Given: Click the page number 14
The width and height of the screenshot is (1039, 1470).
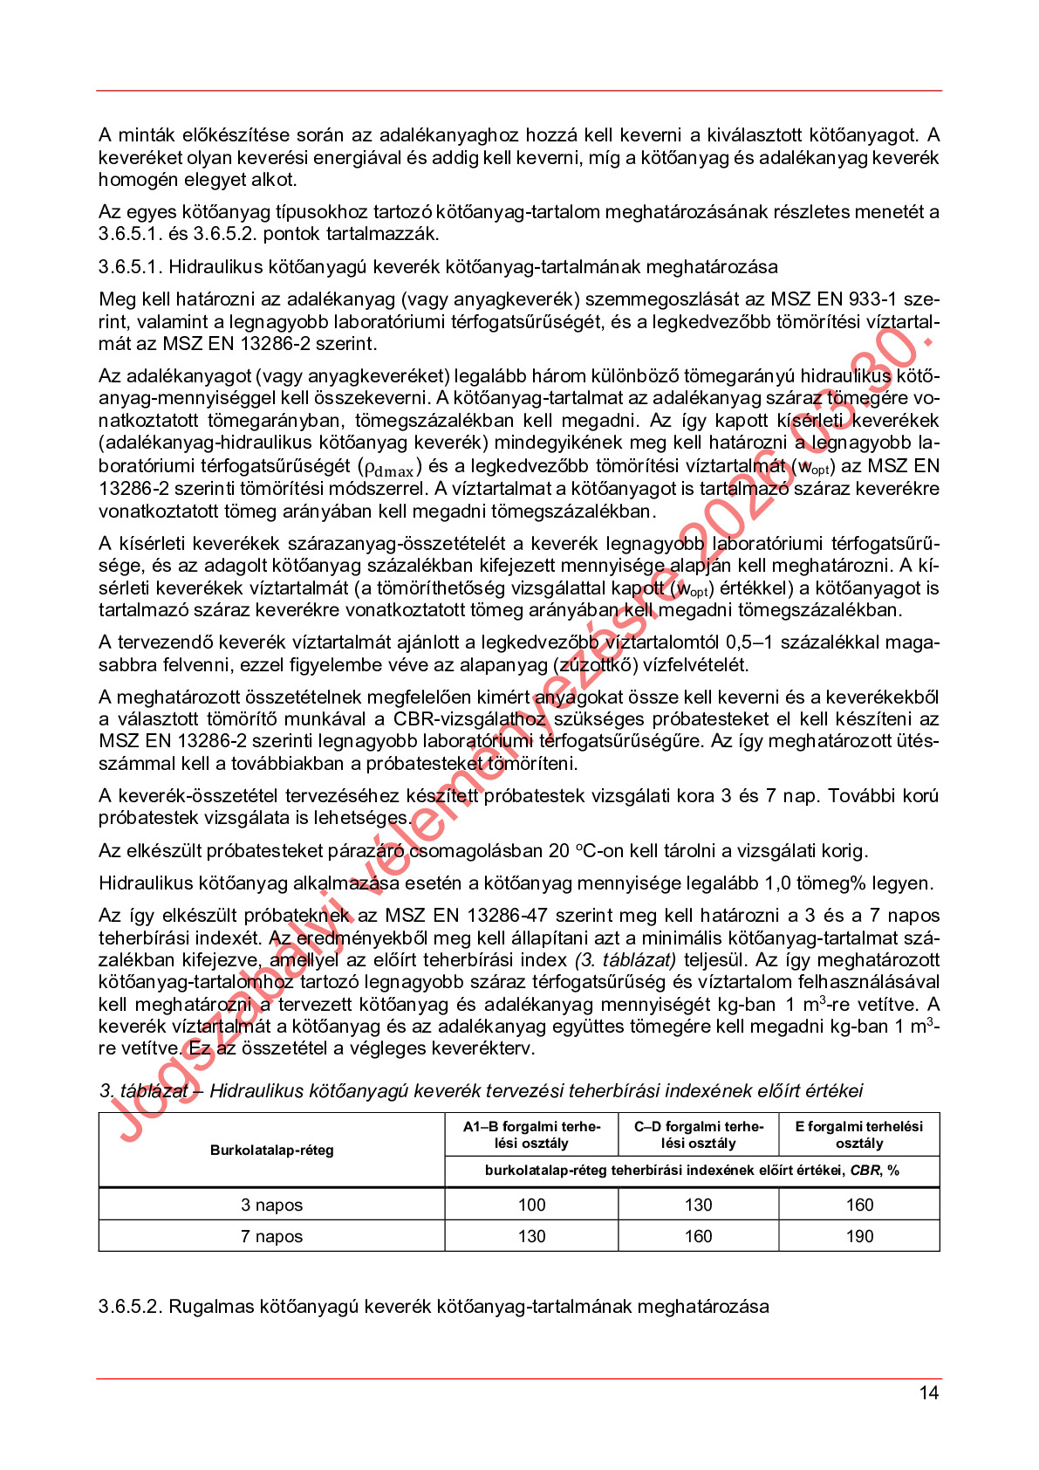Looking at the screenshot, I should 928,1392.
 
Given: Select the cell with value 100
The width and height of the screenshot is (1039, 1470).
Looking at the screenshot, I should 531,1205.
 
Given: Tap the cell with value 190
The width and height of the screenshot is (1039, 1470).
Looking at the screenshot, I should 858,1236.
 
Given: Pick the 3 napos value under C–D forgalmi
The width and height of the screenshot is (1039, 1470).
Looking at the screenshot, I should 698,1205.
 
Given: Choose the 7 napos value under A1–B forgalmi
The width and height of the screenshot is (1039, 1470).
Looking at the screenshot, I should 531,1236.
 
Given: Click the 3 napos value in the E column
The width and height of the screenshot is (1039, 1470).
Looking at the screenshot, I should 858,1205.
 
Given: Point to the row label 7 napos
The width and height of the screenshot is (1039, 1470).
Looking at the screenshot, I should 271,1236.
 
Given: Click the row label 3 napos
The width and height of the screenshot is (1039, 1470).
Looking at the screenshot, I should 271,1205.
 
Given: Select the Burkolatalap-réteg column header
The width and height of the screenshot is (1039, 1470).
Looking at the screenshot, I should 271,1150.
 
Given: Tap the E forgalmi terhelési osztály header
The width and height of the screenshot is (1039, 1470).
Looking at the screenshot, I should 858,1135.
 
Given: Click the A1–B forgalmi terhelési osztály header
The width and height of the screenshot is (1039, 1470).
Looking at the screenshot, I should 531,1135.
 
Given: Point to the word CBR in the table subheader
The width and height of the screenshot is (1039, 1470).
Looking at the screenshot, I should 865,1171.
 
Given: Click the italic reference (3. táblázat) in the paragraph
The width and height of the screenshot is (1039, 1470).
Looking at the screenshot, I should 625,960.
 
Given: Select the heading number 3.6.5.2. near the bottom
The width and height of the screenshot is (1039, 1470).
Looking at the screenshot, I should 130,1307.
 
